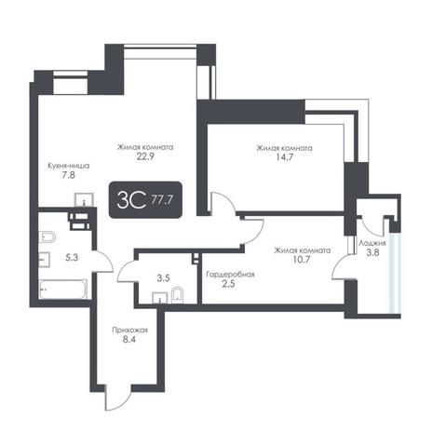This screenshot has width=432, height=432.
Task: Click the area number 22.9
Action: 145,156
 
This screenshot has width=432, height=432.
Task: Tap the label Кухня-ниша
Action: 68,166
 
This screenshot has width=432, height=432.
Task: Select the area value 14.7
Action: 284,157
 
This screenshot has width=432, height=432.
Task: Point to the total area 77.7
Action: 162,200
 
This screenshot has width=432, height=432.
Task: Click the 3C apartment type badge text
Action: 131,200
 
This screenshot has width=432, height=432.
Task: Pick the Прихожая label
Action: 129,331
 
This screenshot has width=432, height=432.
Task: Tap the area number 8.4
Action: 129,340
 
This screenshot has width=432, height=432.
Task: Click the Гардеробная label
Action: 231,275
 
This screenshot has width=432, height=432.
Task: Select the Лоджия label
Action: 372,243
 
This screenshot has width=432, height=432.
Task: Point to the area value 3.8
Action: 372,252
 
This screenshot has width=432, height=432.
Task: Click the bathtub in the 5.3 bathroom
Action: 62,290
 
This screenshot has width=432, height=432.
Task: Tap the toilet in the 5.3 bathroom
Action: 47,237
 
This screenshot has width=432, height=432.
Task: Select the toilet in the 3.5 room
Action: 177,294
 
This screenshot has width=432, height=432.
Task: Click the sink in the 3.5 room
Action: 160,298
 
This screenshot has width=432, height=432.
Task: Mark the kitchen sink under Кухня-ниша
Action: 84,199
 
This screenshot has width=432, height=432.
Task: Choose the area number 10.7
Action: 302,260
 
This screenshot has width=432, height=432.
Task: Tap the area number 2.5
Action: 228,284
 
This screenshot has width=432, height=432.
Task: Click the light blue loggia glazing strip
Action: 396,273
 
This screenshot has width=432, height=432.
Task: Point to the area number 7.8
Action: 68,175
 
